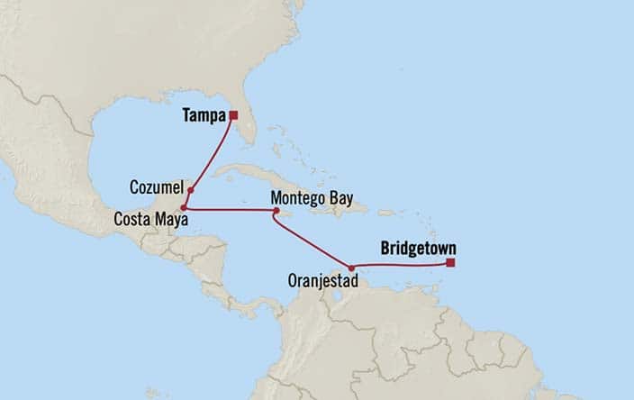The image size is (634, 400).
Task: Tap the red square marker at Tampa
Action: pyautogui.click(x=232, y=114)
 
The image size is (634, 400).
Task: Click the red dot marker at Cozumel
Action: pyautogui.click(x=191, y=191)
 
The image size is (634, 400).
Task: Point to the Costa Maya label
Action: pyautogui.click(x=146, y=218)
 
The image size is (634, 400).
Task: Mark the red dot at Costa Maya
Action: pyautogui.click(x=184, y=208)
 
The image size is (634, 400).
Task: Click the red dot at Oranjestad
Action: pyautogui.click(x=351, y=268)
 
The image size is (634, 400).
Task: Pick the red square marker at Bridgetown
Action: pyautogui.click(x=450, y=263)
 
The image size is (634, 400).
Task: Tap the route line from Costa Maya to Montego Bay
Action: pyautogui.click(x=230, y=210)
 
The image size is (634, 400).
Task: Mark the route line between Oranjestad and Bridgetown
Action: pyautogui.click(x=401, y=264)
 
